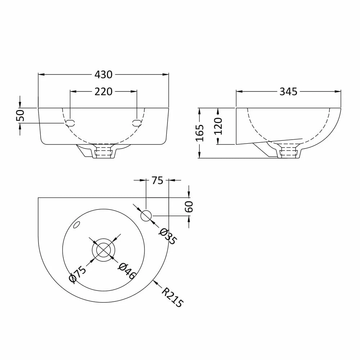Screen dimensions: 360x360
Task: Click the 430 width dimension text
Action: point(103,75)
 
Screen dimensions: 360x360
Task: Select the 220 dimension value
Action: point(103,92)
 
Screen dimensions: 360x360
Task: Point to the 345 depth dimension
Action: point(288,92)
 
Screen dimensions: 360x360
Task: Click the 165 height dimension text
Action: point(201,133)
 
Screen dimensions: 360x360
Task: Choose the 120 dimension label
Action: point(218,126)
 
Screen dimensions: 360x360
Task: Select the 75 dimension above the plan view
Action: point(157,180)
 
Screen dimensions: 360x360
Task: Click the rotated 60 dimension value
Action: point(189,207)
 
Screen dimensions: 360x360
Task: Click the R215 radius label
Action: point(172,297)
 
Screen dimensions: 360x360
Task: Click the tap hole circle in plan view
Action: point(146,216)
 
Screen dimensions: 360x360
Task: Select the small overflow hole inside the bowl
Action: point(76,225)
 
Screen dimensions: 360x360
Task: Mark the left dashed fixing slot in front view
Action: point(70,122)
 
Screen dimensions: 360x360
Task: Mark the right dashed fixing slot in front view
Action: point(137,122)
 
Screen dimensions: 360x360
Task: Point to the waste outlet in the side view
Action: point(288,151)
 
